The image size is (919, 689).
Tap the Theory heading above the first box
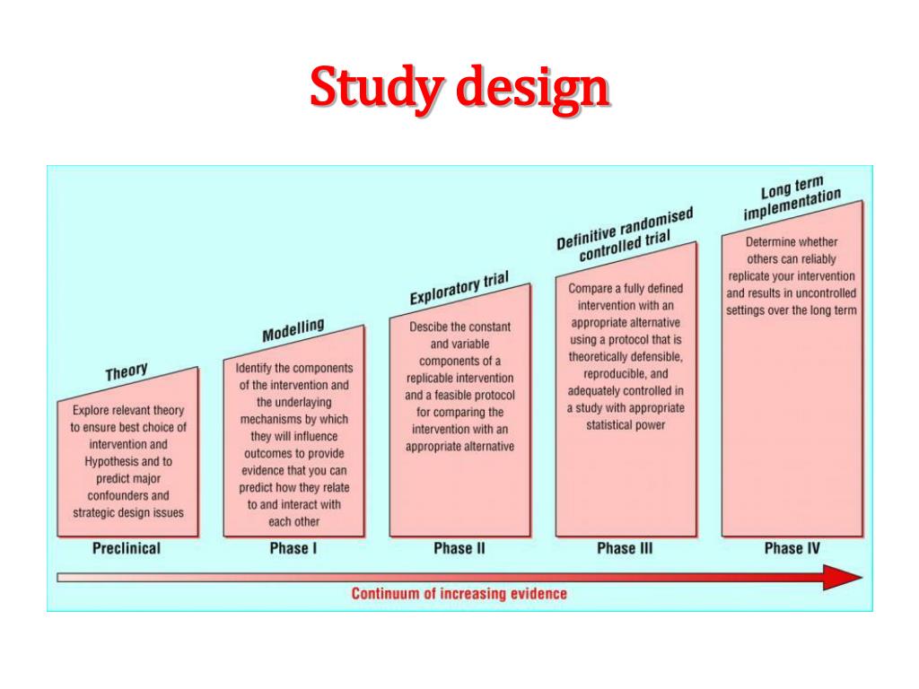click(x=127, y=372)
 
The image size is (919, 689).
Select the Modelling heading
click(x=293, y=330)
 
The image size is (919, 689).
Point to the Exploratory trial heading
click(x=459, y=289)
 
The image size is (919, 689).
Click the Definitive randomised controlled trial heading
click(x=626, y=235)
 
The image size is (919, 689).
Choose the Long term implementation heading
click(x=792, y=196)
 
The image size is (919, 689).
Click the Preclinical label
click(x=127, y=548)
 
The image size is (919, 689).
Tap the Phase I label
click(x=293, y=548)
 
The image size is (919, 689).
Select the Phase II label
click(x=459, y=548)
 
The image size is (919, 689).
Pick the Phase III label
click(x=625, y=548)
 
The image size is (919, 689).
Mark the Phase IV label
click(x=792, y=548)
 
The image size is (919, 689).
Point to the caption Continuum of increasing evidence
click(x=459, y=593)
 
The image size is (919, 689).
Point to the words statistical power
click(x=626, y=425)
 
